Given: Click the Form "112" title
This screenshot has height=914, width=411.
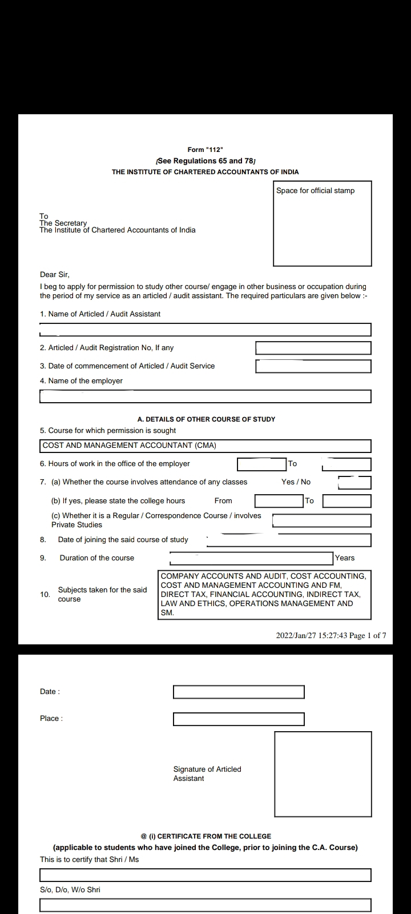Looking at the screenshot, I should [205, 150].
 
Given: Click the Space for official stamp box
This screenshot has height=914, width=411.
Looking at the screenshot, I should [322, 223].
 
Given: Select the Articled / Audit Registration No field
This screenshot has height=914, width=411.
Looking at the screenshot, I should [313, 348].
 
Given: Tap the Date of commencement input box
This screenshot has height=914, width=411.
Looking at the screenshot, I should [313, 366].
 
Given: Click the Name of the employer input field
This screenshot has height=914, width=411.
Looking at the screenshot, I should [205, 396].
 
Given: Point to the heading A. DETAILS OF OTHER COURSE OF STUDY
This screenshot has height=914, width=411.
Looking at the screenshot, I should [206, 419].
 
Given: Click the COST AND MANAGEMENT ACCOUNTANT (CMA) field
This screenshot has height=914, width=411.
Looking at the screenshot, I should [205, 446].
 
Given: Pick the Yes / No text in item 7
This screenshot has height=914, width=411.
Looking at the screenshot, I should [296, 482].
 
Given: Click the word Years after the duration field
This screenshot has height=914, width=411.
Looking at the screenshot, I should [345, 558].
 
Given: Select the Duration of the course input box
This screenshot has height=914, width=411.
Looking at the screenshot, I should [251, 558].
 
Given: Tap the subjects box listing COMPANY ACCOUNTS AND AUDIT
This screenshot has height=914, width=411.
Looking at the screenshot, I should [264, 595].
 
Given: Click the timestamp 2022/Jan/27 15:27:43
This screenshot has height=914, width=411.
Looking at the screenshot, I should [312, 635].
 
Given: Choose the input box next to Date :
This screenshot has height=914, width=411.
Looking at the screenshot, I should [239, 692].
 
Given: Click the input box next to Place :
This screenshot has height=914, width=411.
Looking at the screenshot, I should [239, 719].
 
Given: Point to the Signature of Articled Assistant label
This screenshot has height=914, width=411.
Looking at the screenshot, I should [207, 774].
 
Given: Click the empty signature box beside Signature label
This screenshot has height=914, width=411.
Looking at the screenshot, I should [323, 774].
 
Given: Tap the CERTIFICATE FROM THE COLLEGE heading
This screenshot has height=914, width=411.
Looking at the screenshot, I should [205, 836].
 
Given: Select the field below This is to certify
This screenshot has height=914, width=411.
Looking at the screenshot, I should [205, 875].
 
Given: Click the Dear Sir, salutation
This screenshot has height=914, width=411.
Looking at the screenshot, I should [55, 275].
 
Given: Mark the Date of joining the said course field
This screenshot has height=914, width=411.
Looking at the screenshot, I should [288, 540].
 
